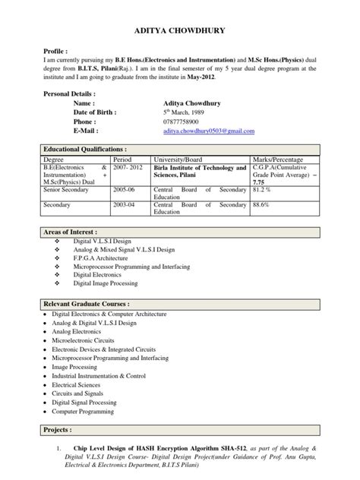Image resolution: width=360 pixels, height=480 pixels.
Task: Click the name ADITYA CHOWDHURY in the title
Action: pos(180,32)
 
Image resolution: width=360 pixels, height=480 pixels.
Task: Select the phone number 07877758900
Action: pos(185,121)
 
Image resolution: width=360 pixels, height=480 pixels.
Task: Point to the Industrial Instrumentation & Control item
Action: pos(97,375)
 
